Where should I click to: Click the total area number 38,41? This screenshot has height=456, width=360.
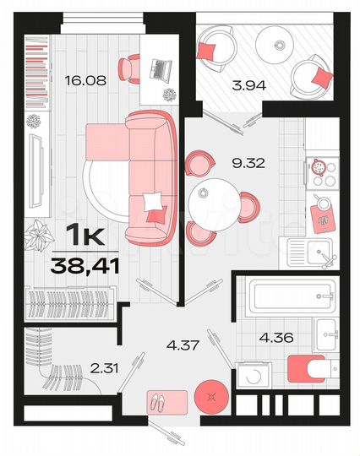coord(84,267)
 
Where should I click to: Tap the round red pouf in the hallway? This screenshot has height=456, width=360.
coord(210,396)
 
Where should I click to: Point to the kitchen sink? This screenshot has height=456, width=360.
coord(319,252)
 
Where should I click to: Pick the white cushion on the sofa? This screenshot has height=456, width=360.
coord(153,202)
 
